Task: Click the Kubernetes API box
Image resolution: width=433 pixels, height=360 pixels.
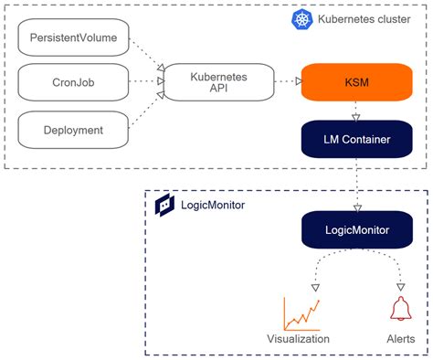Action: (x=218, y=82)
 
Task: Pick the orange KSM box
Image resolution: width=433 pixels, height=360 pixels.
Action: (x=355, y=82)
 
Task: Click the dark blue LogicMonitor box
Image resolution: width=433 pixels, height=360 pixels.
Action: (x=355, y=229)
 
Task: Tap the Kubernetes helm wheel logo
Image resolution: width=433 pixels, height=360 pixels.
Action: (x=302, y=19)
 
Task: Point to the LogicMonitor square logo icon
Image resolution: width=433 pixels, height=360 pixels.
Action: (x=166, y=205)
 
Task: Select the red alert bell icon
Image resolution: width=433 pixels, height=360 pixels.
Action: (x=399, y=311)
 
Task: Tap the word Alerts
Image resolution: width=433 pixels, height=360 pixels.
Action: (x=400, y=339)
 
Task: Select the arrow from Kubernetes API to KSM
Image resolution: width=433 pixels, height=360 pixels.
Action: (x=288, y=82)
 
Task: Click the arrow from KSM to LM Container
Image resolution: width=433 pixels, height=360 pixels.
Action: (x=355, y=111)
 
